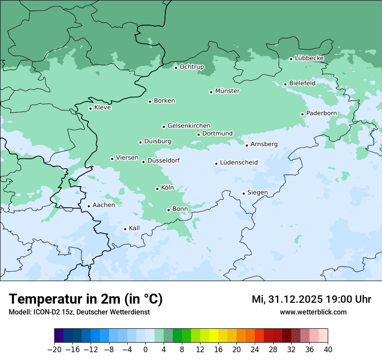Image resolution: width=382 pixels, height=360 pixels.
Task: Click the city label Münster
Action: pos(227,91)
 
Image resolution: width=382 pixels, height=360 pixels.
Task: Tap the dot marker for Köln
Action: pos(157,189)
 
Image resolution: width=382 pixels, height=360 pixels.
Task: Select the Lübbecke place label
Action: pos(309,58)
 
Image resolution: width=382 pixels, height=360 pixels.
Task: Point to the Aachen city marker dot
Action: pos(89,206)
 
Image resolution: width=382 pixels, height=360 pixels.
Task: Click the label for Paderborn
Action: pos(321,114)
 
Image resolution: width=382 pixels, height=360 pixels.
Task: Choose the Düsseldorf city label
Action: pos(164,161)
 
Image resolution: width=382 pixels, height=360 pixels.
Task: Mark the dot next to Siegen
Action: pos(244,193)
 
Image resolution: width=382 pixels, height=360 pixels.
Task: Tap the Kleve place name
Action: pos(102,108)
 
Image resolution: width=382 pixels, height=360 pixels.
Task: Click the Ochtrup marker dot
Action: pos(176,68)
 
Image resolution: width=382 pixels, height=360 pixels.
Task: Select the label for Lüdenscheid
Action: pos(239,163)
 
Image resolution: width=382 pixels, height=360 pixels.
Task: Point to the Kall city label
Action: pos(135,228)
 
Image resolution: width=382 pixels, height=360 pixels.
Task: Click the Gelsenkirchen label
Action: pos(189,126)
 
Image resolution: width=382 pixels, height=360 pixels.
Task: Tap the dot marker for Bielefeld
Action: pos(285,84)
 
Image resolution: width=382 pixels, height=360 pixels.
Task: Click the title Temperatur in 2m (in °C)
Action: pos(86,299)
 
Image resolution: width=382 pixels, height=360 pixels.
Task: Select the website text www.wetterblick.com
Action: pos(313,312)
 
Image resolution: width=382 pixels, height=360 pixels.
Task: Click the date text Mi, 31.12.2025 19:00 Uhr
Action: pos(311,300)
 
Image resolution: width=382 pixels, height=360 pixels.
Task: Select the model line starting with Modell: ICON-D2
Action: pos(79,312)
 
